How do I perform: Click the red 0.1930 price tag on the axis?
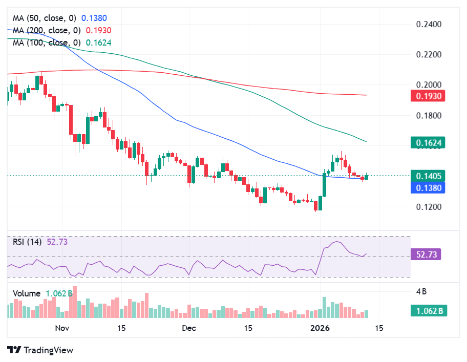click(x=428, y=96)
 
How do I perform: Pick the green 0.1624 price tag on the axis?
click(x=428, y=142)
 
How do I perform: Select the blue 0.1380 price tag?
click(x=428, y=187)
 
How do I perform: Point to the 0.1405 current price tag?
click(x=428, y=176)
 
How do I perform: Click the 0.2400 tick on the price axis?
click(x=428, y=24)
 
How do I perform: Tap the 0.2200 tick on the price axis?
click(x=428, y=54)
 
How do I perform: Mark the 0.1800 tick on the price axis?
click(x=428, y=115)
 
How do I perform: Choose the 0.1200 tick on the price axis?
click(x=428, y=207)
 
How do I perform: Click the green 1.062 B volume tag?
click(x=428, y=310)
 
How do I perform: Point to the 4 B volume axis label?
click(x=421, y=292)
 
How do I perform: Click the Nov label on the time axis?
click(x=62, y=328)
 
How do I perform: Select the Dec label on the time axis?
click(x=189, y=328)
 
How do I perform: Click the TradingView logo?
click(x=40, y=350)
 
